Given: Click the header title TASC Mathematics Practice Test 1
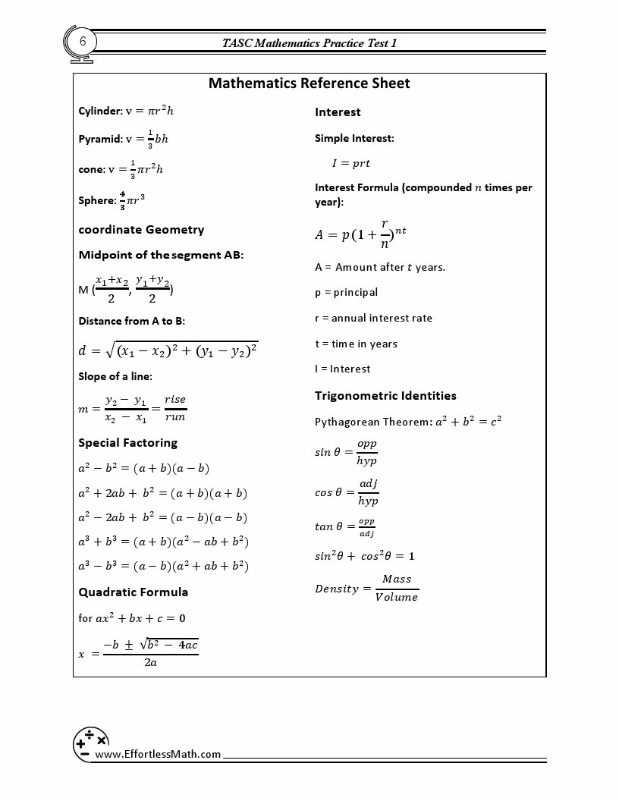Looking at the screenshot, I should click(x=309, y=43).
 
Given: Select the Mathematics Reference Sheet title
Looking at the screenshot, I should click(x=309, y=83).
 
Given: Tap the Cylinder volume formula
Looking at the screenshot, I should click(x=126, y=111).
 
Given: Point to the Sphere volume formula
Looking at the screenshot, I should click(x=112, y=200).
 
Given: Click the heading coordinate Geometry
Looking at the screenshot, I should click(x=141, y=230).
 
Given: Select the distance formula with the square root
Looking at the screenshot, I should click(x=168, y=350).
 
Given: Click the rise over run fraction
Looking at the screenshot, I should click(x=174, y=408).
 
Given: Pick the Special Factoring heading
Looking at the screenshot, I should click(x=127, y=443).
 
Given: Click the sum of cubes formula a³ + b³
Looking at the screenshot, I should click(x=163, y=542).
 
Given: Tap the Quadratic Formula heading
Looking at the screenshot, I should click(x=134, y=592).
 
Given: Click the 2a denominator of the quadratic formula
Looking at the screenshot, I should click(x=150, y=662).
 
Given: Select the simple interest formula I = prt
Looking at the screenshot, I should click(x=350, y=163).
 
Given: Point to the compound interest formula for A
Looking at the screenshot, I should click(x=360, y=234).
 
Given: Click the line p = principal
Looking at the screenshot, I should click(x=346, y=293).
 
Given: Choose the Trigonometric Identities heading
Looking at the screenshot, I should click(x=385, y=396).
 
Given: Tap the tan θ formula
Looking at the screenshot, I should click(x=345, y=526).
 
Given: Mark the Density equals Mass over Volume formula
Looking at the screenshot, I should click(x=366, y=588).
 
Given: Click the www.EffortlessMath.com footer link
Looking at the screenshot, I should click(x=158, y=754).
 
